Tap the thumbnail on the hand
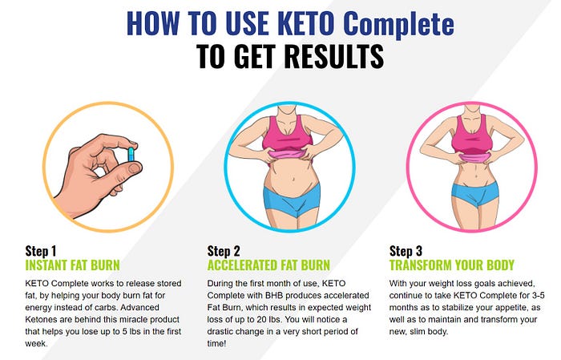point(135,168)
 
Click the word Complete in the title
point(398,23)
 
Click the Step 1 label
point(41,251)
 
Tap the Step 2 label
point(224,251)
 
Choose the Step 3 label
point(406,251)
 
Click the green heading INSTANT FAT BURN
point(73,265)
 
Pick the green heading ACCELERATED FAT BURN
point(268,265)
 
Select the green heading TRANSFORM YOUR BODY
point(452,265)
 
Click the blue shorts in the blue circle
point(292,200)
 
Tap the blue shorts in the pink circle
point(474,194)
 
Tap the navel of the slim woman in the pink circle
point(476,176)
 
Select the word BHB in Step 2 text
point(274,296)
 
